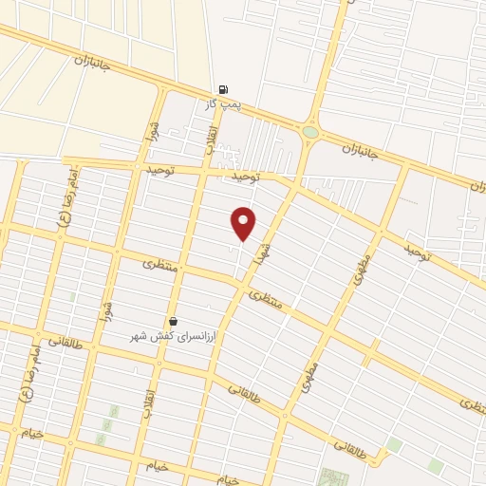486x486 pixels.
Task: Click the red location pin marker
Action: (244, 223)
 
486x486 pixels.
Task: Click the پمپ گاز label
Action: (224, 103)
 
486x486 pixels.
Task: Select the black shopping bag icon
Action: (173, 321)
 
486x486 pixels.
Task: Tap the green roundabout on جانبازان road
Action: (310, 132)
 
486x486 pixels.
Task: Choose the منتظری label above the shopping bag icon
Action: (159, 263)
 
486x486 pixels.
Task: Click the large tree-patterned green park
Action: (334, 477)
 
